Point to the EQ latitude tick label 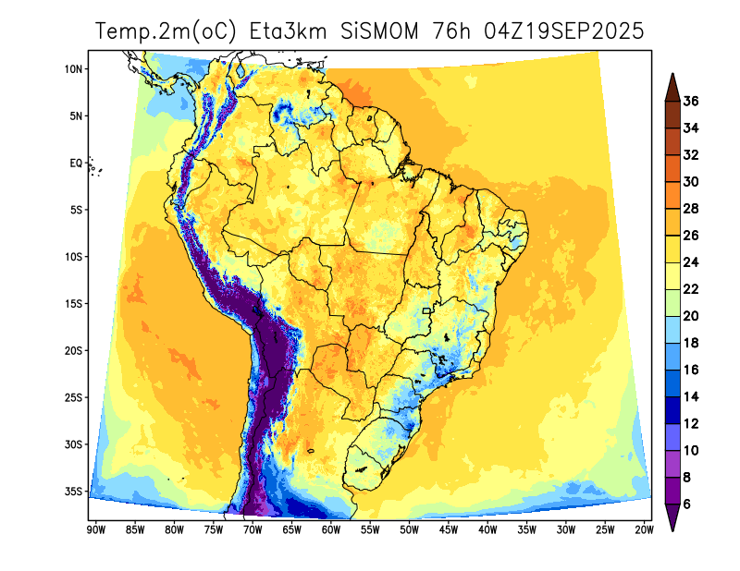point(77,164)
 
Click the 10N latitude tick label point(75,69)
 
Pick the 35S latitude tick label point(75,491)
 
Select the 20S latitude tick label point(75,350)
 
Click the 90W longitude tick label point(94,530)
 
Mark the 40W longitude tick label point(487,530)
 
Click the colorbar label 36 point(691,101)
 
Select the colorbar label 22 point(691,289)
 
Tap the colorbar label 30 point(691,181)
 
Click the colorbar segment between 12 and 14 point(672,410)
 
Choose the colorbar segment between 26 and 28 point(672,222)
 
